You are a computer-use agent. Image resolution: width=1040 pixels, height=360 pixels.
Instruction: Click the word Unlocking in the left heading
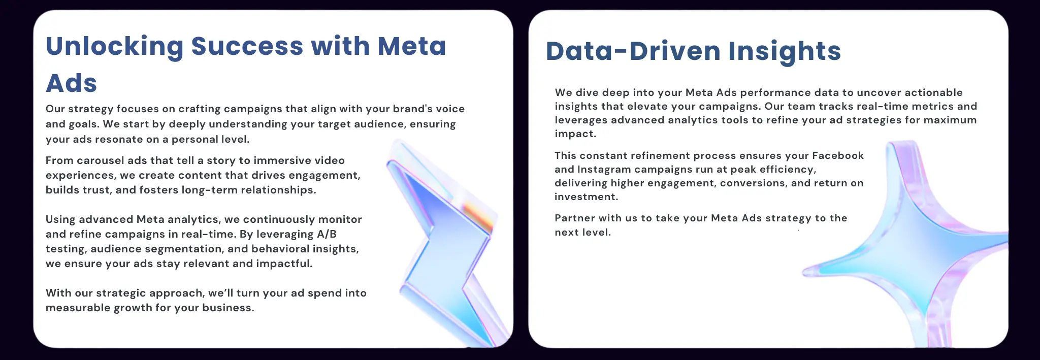[x=114, y=47]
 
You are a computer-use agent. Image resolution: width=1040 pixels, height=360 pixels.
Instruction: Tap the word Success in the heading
[x=247, y=46]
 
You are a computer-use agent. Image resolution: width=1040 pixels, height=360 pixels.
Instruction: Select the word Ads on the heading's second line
[x=71, y=83]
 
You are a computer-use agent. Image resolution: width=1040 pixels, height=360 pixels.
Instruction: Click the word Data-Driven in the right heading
[x=633, y=51]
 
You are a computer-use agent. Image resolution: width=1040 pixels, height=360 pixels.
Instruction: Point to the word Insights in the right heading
[x=785, y=51]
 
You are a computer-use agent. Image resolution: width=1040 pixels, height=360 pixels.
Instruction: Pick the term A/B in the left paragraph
[x=327, y=234]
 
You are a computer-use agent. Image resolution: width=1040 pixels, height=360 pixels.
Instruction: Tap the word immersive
[x=282, y=160]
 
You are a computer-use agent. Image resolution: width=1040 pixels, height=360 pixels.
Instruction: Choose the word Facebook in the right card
[x=838, y=155]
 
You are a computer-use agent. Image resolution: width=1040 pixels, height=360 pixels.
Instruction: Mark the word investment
[x=587, y=197]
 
